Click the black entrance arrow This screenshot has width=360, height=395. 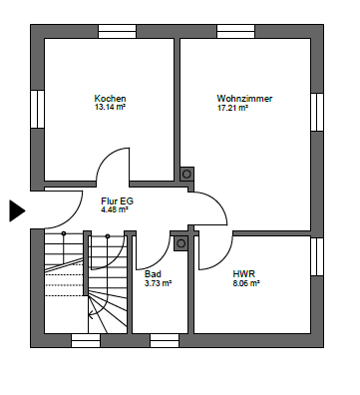pos(17,210)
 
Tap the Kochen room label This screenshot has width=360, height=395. pos(110,99)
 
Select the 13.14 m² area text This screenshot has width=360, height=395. pos(110,107)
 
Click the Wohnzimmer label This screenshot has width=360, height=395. pos(244,99)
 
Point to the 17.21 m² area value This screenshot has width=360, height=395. pos(232,108)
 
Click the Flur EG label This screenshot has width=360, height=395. pos(118,201)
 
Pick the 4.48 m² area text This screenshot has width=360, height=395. pos(115,209)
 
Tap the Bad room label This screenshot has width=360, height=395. pos(153,274)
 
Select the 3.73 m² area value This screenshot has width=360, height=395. pos(158,283)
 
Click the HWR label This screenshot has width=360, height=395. pos(244,274)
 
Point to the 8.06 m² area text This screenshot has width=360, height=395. pos(246,283)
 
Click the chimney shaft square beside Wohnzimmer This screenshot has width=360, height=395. pos(186,174)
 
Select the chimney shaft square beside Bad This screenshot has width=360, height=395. pos(180,243)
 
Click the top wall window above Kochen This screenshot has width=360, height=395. pos(117,32)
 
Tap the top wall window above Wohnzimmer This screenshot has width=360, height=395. pos(236,32)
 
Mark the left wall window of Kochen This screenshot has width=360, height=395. pos(38,109)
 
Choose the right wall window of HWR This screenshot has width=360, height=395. pos(317,256)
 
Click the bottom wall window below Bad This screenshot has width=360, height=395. pos(165,341)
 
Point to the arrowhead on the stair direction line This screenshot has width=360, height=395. pos(90,313)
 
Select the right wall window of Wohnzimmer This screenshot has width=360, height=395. pos(317,112)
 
